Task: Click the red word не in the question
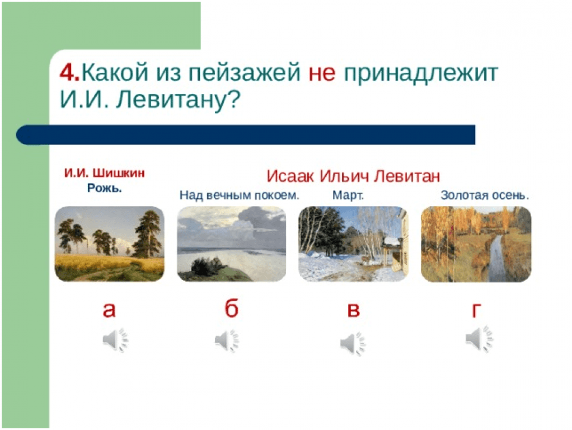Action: click(x=322, y=73)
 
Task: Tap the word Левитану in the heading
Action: click(x=178, y=99)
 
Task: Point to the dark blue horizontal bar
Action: click(x=246, y=135)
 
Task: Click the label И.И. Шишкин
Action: click(x=104, y=172)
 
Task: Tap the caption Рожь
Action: click(x=104, y=188)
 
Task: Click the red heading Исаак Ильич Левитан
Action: click(x=353, y=176)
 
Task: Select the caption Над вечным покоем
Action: click(x=240, y=195)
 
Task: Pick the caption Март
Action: click(x=348, y=195)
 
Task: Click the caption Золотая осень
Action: click(x=485, y=195)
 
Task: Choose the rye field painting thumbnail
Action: click(x=110, y=244)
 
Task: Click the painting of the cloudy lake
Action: click(x=232, y=244)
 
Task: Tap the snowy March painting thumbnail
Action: click(x=354, y=244)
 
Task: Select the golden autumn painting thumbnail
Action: click(x=476, y=244)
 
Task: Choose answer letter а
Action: click(x=109, y=310)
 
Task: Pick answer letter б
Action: click(x=231, y=307)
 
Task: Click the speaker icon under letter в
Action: click(x=353, y=344)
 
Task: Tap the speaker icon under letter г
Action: click(x=479, y=339)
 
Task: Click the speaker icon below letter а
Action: click(x=116, y=340)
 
